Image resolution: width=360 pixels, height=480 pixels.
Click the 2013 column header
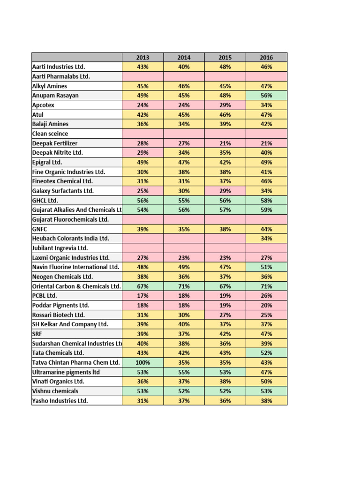[x=142, y=58]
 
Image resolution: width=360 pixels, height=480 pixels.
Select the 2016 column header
[x=266, y=58]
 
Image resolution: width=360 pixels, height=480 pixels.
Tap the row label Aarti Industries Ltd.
[x=59, y=67]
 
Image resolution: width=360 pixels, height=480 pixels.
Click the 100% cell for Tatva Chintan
[x=142, y=362]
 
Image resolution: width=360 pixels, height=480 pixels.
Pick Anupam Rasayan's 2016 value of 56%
[x=266, y=96]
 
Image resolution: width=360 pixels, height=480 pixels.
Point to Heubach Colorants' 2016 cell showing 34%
[x=266, y=239]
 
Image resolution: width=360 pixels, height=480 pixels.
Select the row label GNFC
[x=40, y=229]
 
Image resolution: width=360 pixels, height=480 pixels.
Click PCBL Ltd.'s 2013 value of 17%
[x=142, y=296]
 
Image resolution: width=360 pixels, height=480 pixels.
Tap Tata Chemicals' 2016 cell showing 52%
[x=266, y=353]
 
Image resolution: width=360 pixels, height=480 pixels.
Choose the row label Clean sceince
[x=50, y=134]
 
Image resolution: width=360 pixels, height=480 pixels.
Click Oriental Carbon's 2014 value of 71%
[x=184, y=286]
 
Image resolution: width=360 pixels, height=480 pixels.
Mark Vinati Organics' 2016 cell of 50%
[x=266, y=382]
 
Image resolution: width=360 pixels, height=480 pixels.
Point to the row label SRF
[x=37, y=334]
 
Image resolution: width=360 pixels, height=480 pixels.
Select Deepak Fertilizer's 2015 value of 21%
[x=225, y=143]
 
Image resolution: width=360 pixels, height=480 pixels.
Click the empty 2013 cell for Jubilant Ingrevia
[x=142, y=248]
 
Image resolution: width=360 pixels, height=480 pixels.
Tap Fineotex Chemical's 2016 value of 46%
[x=266, y=181]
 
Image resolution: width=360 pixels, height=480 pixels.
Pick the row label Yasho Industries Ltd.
[x=60, y=401]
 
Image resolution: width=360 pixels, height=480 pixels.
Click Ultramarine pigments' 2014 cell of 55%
[x=184, y=372]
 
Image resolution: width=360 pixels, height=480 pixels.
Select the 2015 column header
[x=225, y=58]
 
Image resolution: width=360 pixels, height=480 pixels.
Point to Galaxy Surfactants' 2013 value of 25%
[x=142, y=191]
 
